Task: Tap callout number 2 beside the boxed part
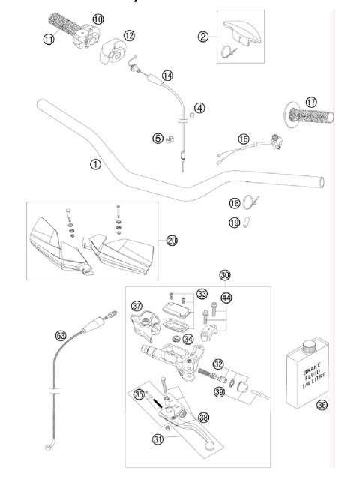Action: pos(202,37)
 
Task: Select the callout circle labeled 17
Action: pos(311,102)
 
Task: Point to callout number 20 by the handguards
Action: pos(172,240)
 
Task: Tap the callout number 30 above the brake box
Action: pos(224,275)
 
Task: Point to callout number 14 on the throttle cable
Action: pos(167,75)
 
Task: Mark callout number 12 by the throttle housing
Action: pos(129,35)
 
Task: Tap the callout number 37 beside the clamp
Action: pos(136,306)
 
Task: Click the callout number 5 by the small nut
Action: pos(156,137)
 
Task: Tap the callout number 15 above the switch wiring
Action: pos(242,138)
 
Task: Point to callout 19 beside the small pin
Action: pos(234,222)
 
